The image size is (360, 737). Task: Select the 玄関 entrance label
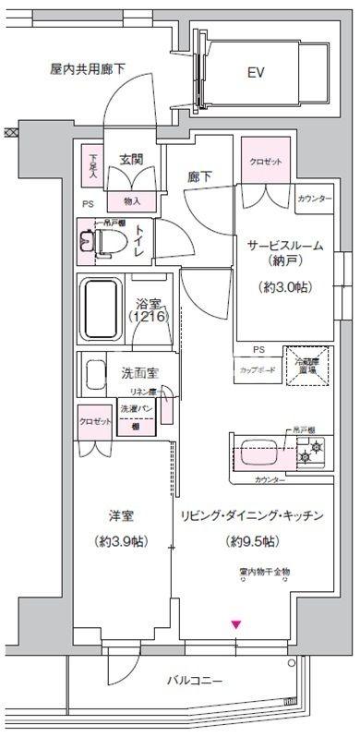(129, 161)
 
